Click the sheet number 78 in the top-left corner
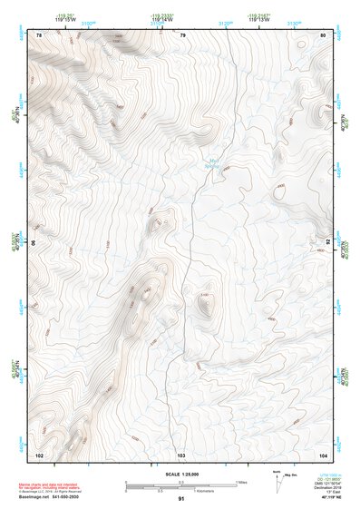point(39,34)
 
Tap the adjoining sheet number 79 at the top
point(182,34)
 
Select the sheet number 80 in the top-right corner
point(324,34)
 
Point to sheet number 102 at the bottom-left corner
point(39,453)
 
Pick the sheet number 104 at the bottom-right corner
point(323,453)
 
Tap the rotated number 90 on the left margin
point(34,243)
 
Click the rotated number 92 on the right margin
point(328,243)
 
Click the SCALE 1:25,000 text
point(180,474)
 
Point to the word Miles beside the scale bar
point(242,481)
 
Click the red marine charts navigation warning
point(54,486)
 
